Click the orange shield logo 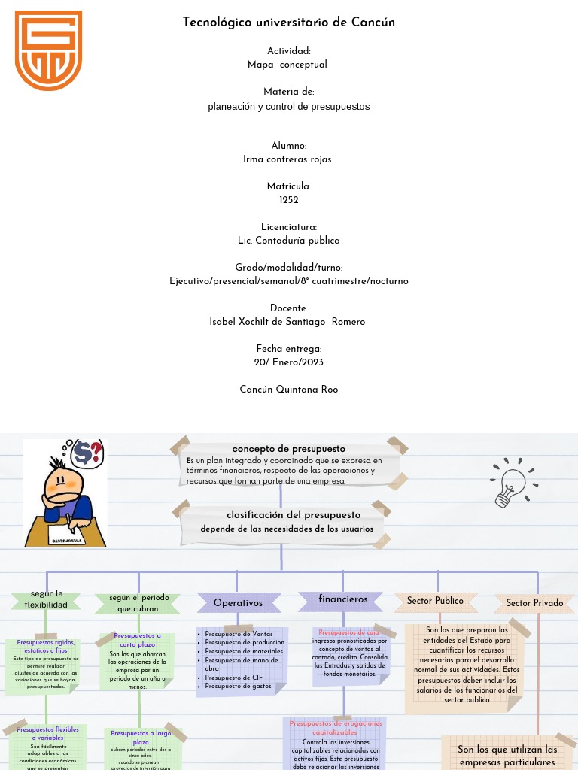[48, 50]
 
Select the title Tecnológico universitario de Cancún [289, 23]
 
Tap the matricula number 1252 [289, 200]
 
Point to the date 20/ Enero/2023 [289, 362]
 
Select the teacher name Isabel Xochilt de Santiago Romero [287, 322]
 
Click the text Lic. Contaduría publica [289, 241]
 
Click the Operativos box [238, 603]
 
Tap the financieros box [343, 599]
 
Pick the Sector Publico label [435, 601]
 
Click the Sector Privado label [534, 603]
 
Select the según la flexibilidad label [46, 599]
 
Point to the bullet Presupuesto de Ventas [239, 634]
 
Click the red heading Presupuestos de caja [348, 632]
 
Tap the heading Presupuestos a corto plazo [137, 640]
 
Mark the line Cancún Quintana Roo [289, 390]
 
